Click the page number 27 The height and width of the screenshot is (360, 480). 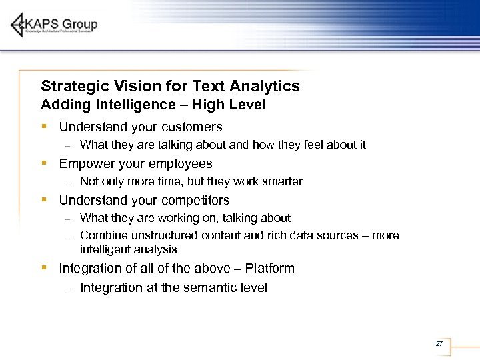pyautogui.click(x=439, y=343)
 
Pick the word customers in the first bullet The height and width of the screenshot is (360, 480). pyautogui.click(x=191, y=127)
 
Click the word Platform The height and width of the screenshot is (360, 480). pyautogui.click(x=269, y=268)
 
